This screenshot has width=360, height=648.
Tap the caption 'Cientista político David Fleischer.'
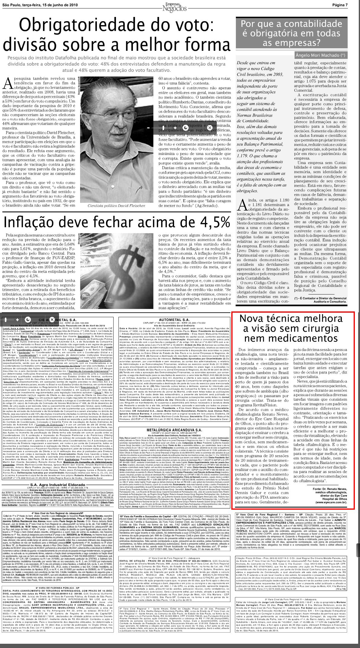pyautogui.click(x=117, y=206)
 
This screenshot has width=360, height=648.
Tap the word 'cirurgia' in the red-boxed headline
pyautogui.click(x=315, y=328)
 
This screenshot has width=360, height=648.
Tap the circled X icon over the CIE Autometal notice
pyautogui.click(x=52, y=320)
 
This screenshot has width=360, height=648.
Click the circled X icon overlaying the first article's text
pyautogui.click(x=209, y=128)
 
